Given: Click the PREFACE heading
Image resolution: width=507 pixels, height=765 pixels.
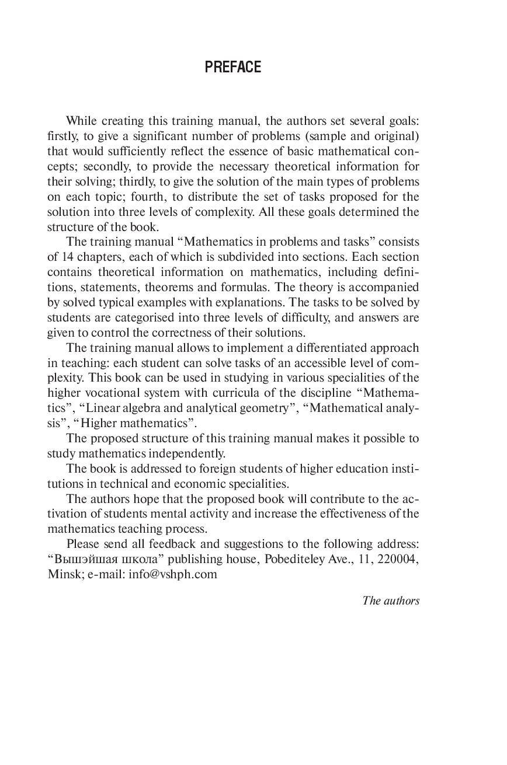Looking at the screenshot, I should point(232,68).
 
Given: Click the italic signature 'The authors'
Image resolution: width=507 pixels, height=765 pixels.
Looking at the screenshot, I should point(391,600).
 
